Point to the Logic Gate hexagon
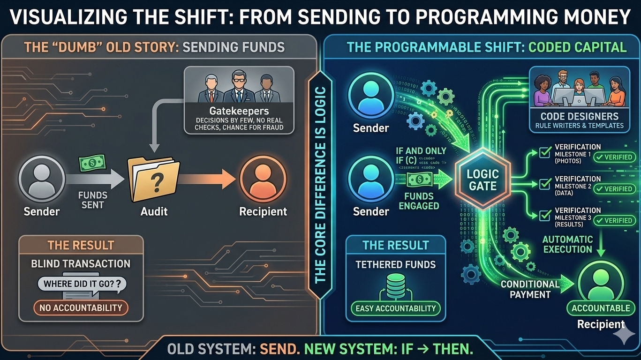(x=483, y=180)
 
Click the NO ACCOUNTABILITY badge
(x=81, y=308)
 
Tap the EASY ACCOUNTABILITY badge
(x=395, y=308)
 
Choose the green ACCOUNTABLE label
(x=601, y=308)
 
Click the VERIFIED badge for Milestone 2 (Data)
(x=614, y=188)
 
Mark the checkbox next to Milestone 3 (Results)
(x=544, y=216)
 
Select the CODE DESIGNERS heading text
(x=580, y=116)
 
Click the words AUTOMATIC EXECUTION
(x=567, y=244)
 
